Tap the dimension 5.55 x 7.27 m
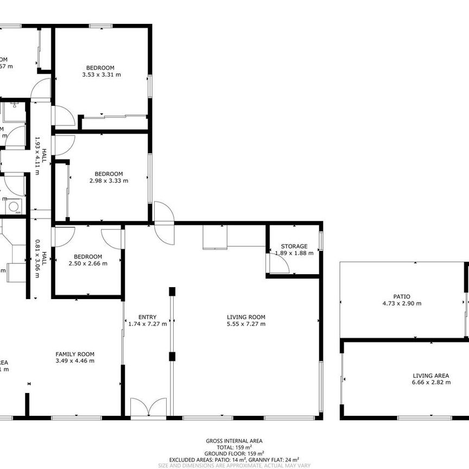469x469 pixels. click(246, 324)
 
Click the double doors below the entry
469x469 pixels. click(148, 408)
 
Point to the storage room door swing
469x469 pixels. click(278, 264)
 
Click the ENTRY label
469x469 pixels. click(147, 317)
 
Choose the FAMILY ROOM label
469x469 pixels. click(75, 354)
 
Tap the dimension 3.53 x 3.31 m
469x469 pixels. click(101, 74)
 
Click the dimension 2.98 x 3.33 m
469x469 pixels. click(109, 181)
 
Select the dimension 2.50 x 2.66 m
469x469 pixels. click(88, 263)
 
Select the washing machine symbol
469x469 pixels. click(14, 206)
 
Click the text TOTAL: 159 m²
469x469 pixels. click(234, 447)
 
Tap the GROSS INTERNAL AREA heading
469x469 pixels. click(234, 441)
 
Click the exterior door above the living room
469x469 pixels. click(163, 223)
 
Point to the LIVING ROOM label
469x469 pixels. click(246, 317)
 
